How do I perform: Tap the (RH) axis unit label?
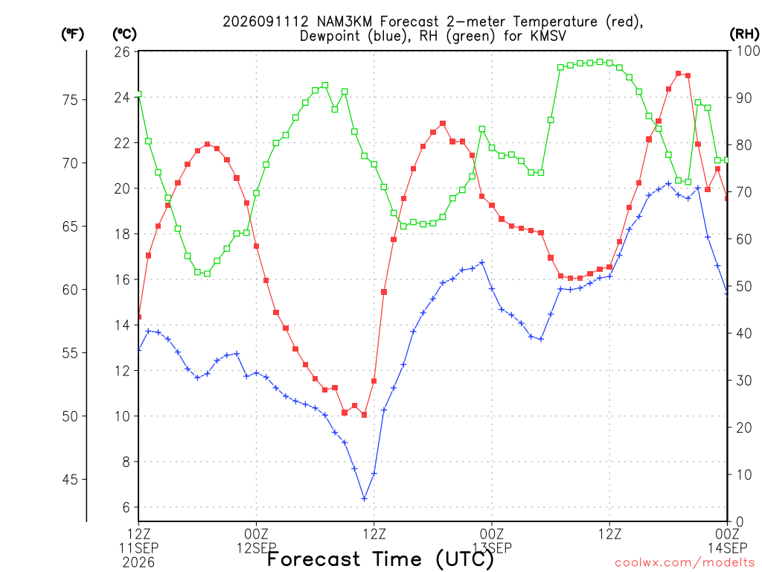point(744,34)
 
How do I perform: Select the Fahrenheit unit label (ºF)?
point(72,34)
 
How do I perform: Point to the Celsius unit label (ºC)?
point(124,34)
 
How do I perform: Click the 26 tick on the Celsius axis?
point(122,51)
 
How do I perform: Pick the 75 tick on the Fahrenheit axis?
point(71,100)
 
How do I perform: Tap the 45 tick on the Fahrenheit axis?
point(71,480)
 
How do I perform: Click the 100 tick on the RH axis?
point(748,51)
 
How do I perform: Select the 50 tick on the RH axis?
point(744,287)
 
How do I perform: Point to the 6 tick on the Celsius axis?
point(127,507)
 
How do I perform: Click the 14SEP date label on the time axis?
point(727,548)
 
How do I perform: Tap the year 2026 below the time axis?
point(138,563)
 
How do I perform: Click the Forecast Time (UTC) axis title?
point(380,559)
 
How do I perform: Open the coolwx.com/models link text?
point(685,563)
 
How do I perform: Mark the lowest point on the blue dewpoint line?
point(365,498)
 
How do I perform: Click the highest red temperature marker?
point(679,74)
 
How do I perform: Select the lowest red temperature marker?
point(365,415)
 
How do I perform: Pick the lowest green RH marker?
point(208,274)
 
